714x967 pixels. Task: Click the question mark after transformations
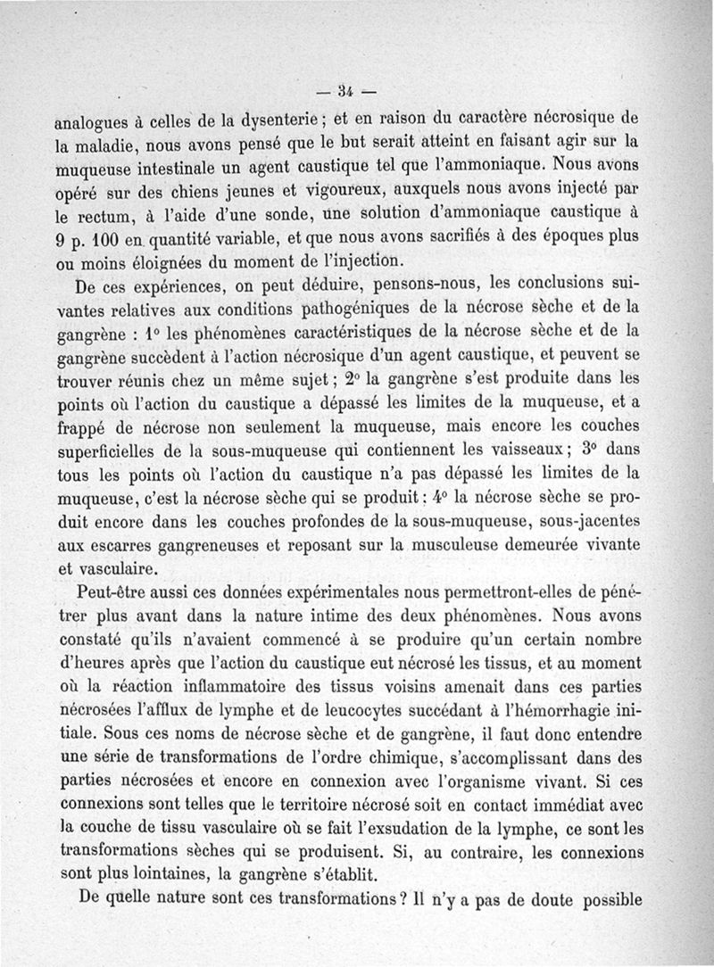(403, 898)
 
